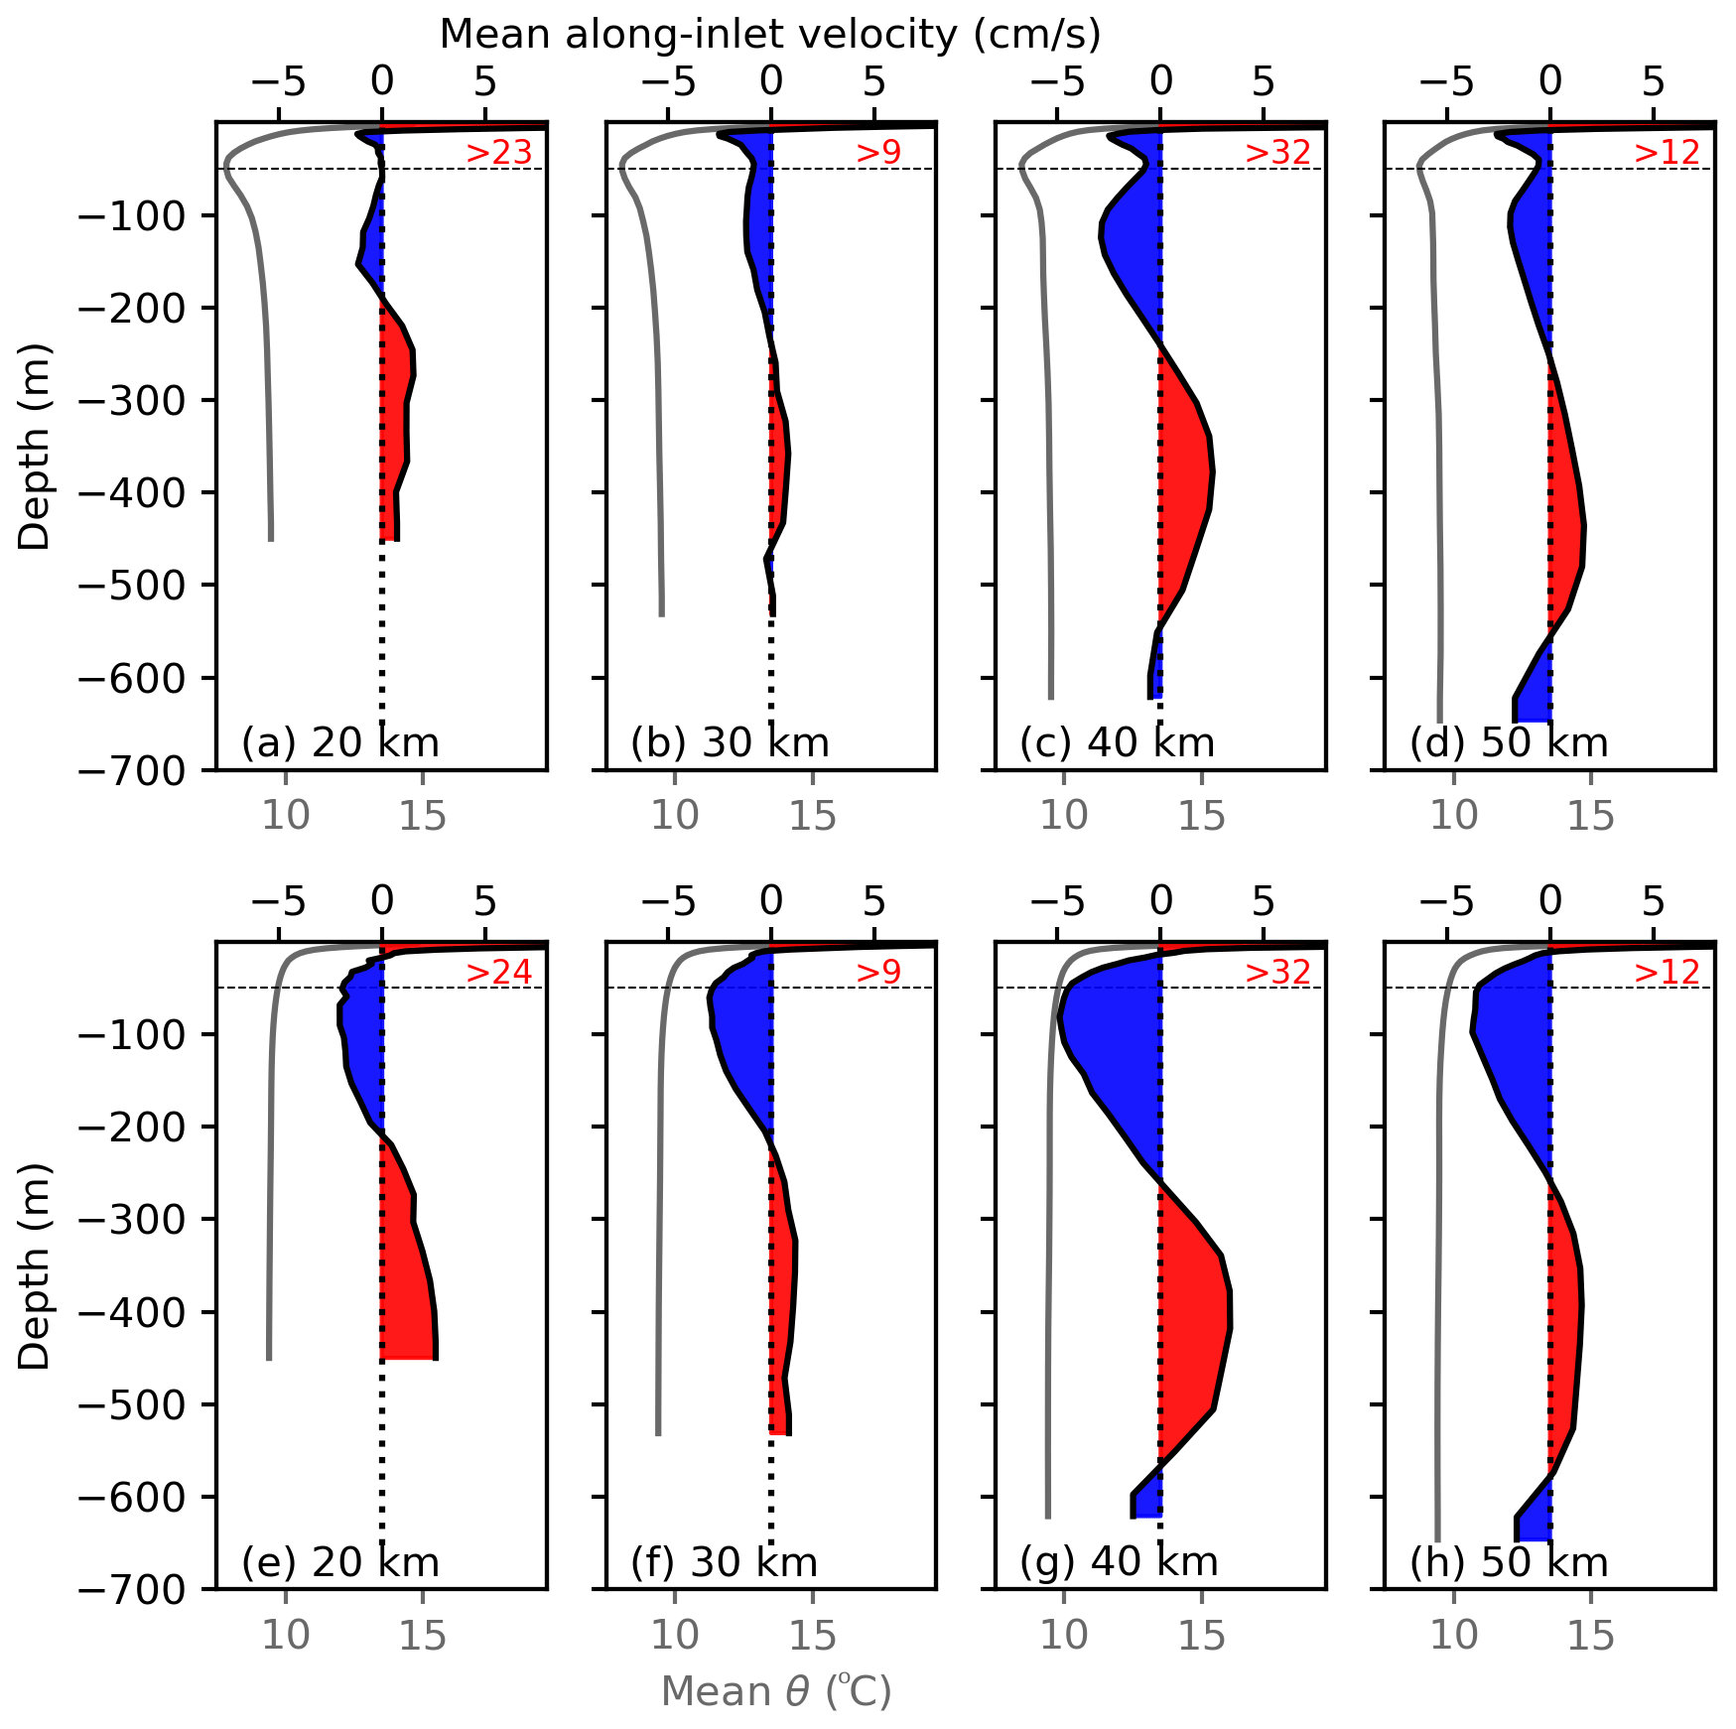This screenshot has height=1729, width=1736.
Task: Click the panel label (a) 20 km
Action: click(x=339, y=742)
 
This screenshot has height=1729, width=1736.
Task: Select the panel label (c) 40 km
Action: click(x=1117, y=742)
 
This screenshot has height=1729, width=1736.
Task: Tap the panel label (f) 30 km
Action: click(x=724, y=1562)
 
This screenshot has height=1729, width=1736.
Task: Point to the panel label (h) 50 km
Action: click(x=1508, y=1562)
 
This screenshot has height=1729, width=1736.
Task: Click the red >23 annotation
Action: click(x=499, y=153)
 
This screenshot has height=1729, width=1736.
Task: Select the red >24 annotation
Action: click(x=499, y=973)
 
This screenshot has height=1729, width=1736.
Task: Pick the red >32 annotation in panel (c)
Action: click(x=1278, y=153)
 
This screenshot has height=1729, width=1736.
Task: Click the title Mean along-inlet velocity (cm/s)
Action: click(x=770, y=35)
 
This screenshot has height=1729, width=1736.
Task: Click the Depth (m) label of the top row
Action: click(x=35, y=447)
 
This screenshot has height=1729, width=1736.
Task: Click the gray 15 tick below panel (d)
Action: click(x=1591, y=816)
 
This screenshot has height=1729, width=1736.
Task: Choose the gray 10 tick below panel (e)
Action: click(x=286, y=1636)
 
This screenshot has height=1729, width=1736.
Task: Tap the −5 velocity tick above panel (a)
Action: click(x=279, y=81)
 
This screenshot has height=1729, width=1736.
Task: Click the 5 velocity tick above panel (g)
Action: click(x=1264, y=901)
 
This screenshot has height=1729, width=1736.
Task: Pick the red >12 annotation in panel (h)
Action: click(x=1668, y=973)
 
